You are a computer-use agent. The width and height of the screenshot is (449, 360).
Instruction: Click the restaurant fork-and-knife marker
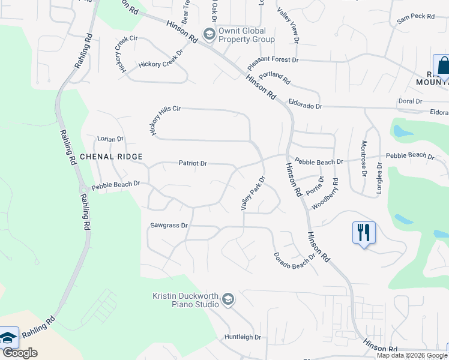point(363,232)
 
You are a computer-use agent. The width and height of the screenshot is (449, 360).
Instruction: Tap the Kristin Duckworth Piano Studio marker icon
point(228,299)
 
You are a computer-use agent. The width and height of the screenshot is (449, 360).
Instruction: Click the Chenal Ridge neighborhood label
point(111,157)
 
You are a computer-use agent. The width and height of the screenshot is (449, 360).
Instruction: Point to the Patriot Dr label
point(193,163)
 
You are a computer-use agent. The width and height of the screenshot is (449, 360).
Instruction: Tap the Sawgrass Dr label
point(169,226)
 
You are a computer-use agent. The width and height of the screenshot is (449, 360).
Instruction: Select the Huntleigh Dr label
point(243,337)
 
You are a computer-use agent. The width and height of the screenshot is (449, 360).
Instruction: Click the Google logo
point(19,353)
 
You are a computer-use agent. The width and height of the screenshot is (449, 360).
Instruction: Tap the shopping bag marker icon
point(443,65)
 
